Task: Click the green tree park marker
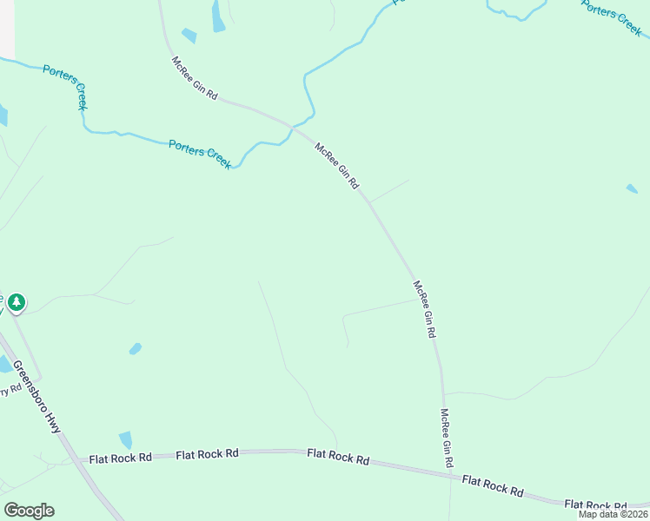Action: (17, 303)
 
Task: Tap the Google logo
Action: (29, 511)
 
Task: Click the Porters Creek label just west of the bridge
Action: (201, 154)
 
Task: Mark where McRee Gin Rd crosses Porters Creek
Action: (291, 129)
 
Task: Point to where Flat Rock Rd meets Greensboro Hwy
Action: (71, 459)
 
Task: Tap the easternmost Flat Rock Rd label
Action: (595, 505)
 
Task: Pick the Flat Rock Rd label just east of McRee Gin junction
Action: (493, 485)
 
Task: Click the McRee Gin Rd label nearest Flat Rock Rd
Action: (447, 437)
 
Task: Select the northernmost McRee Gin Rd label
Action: (194, 78)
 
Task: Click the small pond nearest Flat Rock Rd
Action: (127, 439)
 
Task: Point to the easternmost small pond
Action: (632, 188)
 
